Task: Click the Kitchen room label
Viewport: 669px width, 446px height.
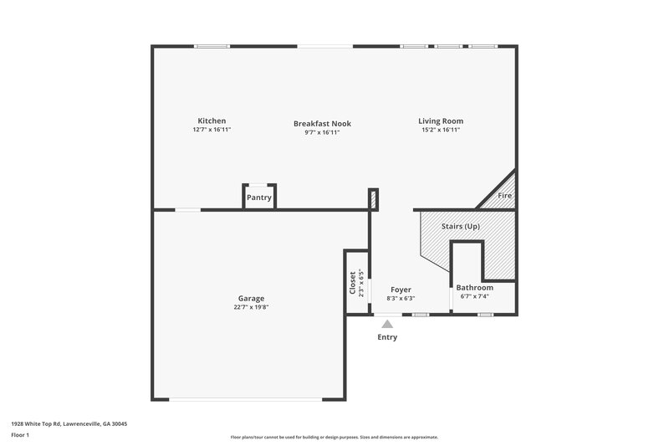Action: point(212,120)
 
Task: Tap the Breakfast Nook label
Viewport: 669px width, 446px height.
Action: point(316,123)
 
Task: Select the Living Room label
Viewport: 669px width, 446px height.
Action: point(441,120)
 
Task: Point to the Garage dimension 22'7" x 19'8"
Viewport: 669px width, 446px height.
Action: point(251,307)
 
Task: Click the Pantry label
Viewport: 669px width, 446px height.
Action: point(258,197)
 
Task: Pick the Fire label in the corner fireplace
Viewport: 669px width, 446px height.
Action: point(504,196)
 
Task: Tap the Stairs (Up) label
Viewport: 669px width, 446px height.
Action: point(461,227)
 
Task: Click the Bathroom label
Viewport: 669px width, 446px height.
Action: point(474,287)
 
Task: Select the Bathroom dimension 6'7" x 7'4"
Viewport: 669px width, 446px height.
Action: point(474,296)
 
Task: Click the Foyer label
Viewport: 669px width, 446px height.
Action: point(401,290)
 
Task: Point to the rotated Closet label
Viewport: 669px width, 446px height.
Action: point(352,283)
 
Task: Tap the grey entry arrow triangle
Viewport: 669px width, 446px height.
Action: point(386,324)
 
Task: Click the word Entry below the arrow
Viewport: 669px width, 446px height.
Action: point(387,337)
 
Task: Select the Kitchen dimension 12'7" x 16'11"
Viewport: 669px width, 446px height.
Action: point(212,130)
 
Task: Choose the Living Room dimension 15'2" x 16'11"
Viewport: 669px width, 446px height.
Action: point(441,130)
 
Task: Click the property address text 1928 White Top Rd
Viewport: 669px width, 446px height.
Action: point(69,423)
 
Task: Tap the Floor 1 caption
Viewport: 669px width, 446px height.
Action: point(20,435)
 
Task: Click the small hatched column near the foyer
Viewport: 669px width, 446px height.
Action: point(373,198)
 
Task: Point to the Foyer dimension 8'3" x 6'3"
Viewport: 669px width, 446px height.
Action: point(401,299)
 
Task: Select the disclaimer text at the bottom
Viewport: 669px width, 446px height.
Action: point(334,437)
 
